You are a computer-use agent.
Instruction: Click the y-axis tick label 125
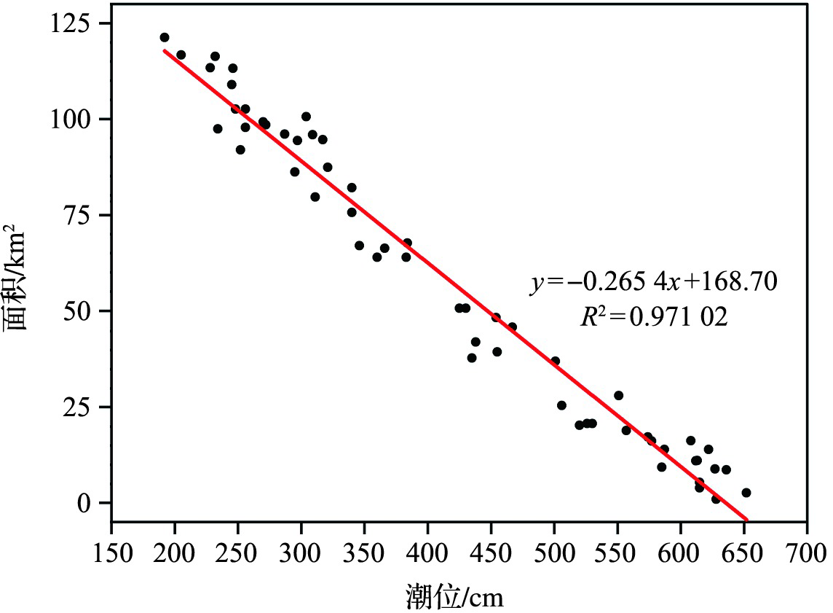[x=77, y=23]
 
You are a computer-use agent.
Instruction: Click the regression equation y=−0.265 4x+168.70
[x=653, y=281]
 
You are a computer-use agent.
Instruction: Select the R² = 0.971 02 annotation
[x=653, y=317]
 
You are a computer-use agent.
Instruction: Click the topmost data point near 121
[x=165, y=37]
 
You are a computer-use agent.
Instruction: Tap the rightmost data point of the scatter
[x=746, y=493]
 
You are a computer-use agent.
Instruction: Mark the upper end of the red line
[x=165, y=51]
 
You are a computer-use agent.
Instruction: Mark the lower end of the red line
[x=746, y=519]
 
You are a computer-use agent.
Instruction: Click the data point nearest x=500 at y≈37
[x=556, y=361]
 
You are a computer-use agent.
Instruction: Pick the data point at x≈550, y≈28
[x=619, y=396]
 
